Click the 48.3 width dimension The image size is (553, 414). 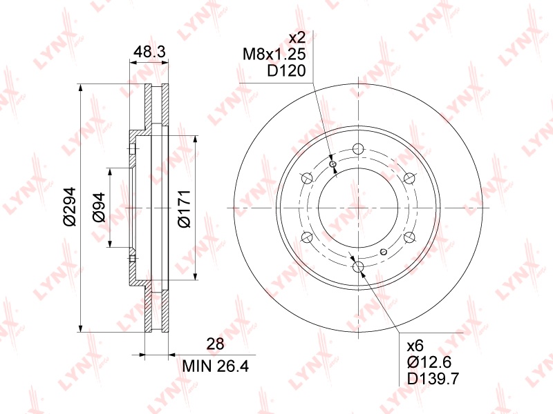click(149, 52)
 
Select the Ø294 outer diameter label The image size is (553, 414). click(69, 206)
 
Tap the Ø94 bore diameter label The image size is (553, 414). click(99, 208)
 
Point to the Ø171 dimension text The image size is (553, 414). click(184, 209)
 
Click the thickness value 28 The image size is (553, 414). click(215, 344)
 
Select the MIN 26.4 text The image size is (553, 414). click(216, 366)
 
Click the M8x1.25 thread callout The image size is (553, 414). click(274, 55)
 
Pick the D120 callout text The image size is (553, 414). click(286, 71)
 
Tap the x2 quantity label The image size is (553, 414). click(297, 38)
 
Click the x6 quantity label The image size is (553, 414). click(415, 346)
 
